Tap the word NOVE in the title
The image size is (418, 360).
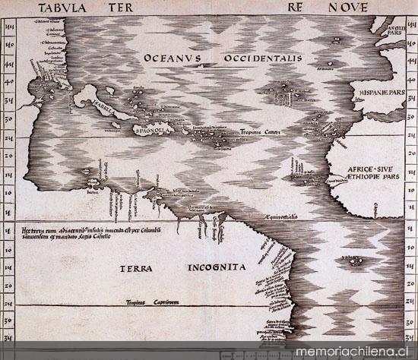[346, 8]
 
